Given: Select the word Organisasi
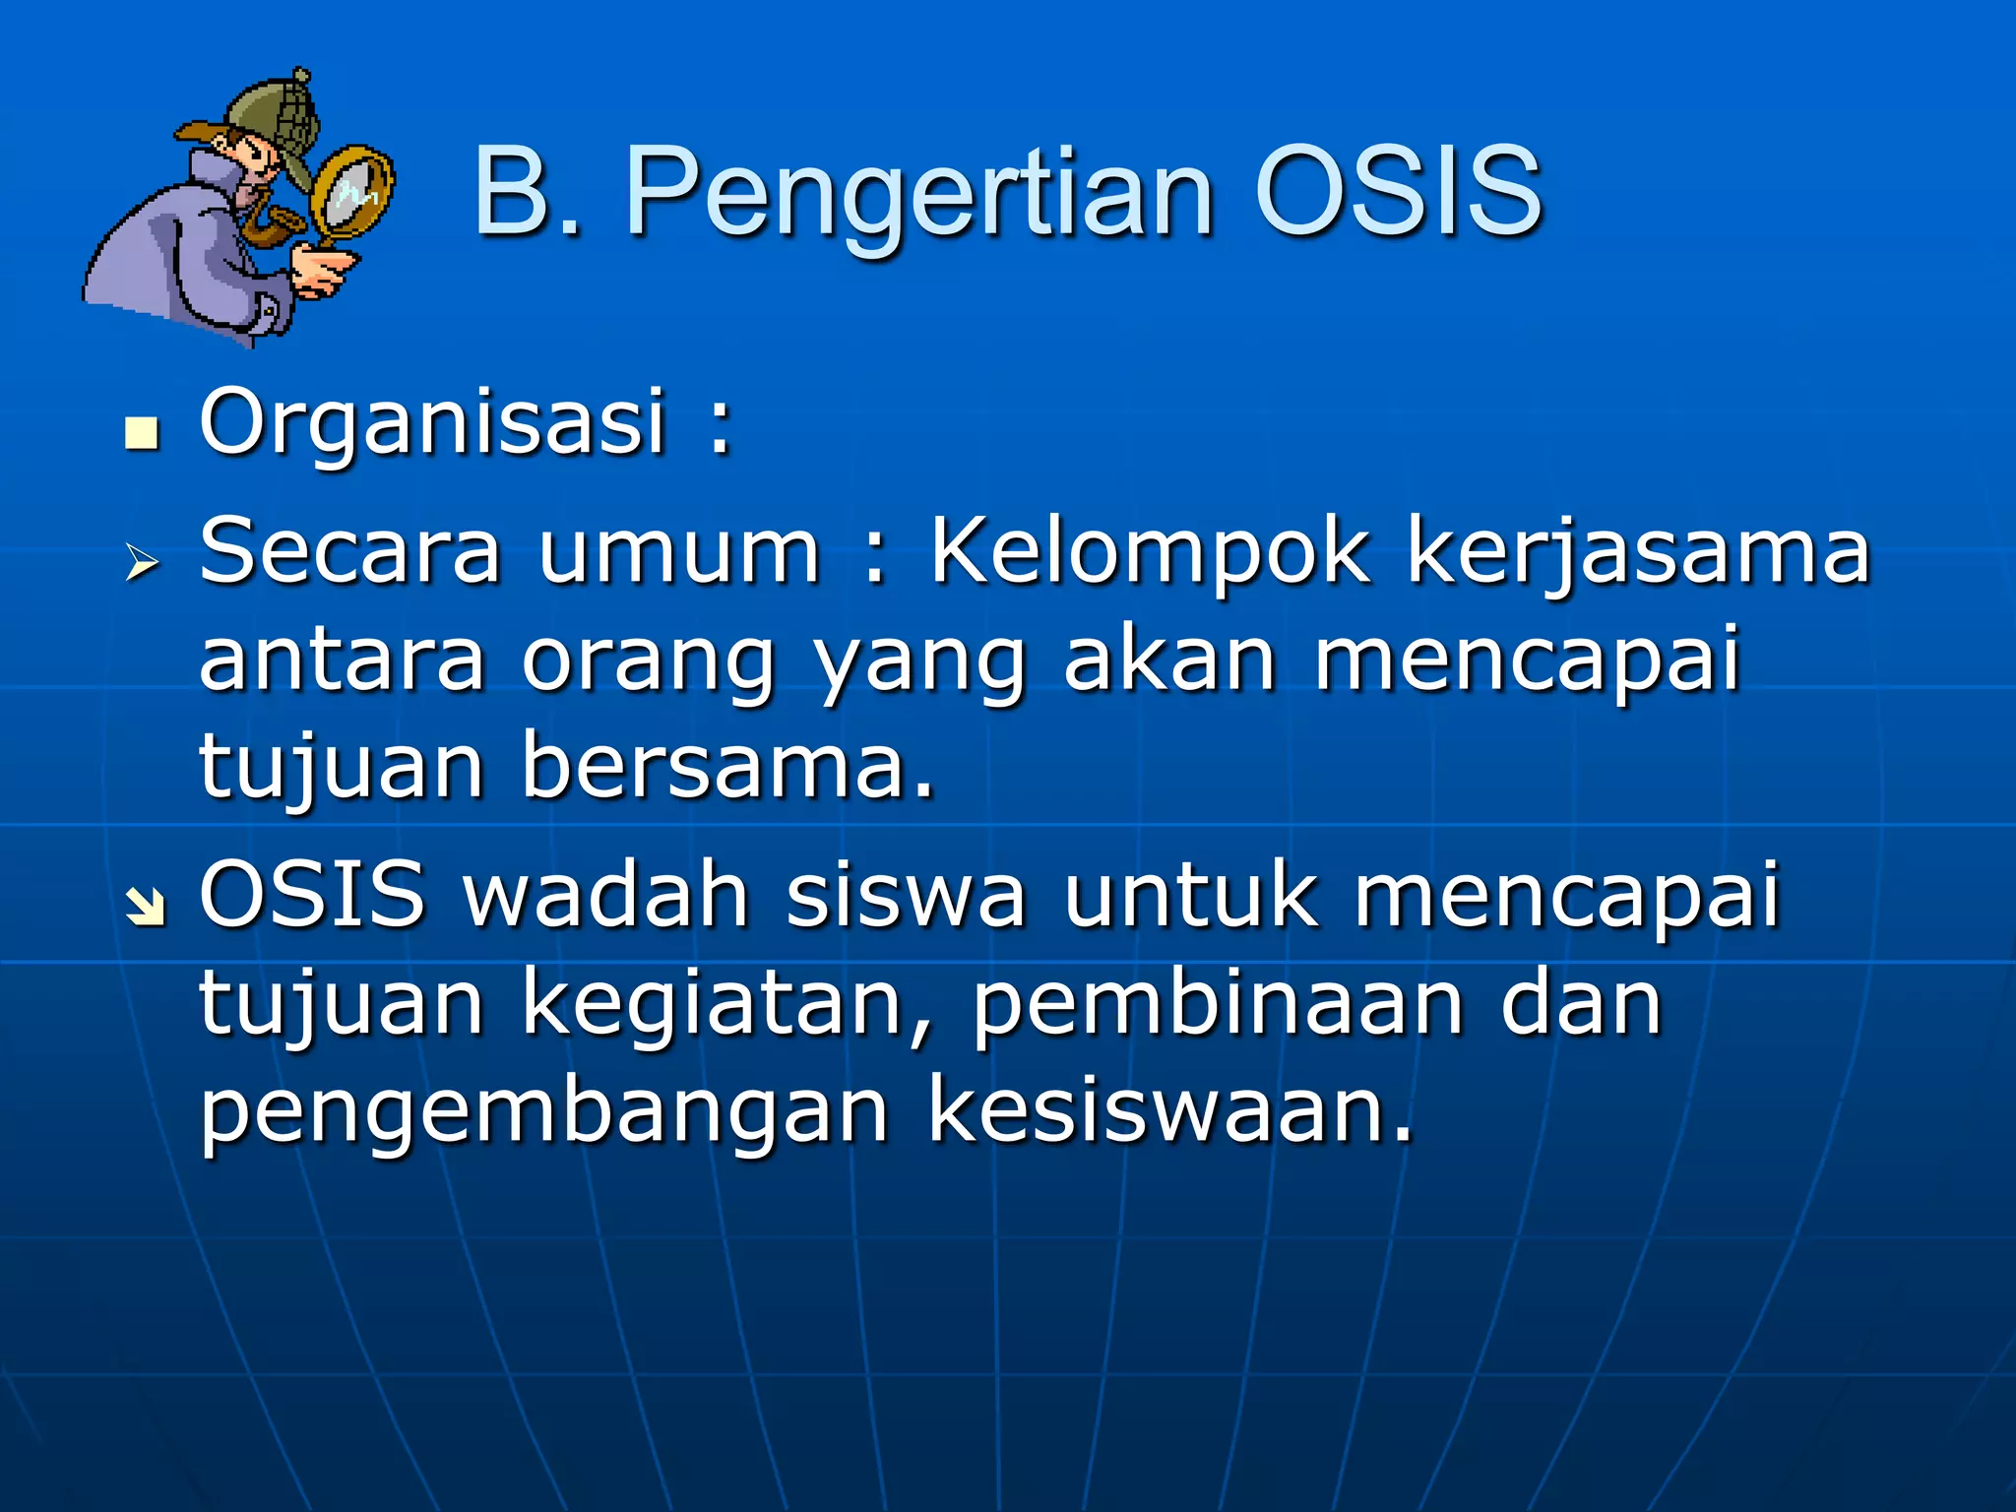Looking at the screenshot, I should click(x=433, y=423).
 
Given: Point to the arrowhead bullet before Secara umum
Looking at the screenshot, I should click(x=143, y=563).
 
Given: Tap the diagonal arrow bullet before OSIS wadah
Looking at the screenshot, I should click(x=145, y=907).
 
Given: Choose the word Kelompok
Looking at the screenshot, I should click(x=1149, y=553).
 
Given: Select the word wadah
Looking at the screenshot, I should click(x=607, y=896).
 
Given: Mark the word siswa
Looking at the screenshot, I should click(x=906, y=896).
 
